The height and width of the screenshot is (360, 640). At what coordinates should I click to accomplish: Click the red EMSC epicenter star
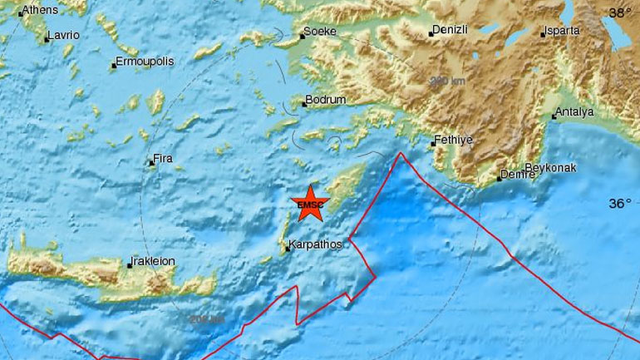311,205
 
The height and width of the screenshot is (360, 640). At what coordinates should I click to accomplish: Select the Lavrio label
64,36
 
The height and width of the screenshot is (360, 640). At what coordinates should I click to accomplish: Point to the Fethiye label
455,140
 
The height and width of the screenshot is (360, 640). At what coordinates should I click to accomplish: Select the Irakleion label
155,261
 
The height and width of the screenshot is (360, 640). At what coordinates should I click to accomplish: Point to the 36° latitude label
621,203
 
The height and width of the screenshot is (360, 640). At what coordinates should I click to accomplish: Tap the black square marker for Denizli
431,34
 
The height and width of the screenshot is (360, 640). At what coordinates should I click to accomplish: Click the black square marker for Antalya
552,117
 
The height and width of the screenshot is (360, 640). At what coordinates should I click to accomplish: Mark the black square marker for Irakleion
130,265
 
